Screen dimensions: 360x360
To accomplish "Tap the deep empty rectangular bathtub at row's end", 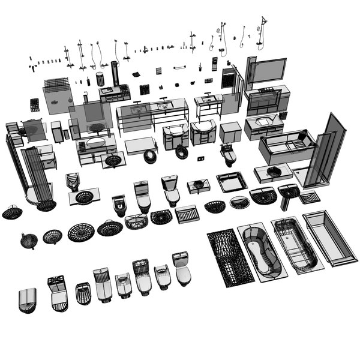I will [x=331, y=238].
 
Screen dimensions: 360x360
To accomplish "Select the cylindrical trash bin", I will [x=100, y=79].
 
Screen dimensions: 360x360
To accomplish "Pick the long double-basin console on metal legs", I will [x=152, y=113].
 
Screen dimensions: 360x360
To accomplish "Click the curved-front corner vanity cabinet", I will [x=203, y=131].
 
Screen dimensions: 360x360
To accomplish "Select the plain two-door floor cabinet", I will [x=230, y=132].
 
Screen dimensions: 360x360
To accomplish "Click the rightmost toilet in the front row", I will [x=181, y=268].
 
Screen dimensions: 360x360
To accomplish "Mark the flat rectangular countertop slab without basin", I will [x=140, y=145].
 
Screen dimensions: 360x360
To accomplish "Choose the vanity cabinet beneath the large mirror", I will [x=267, y=100].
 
